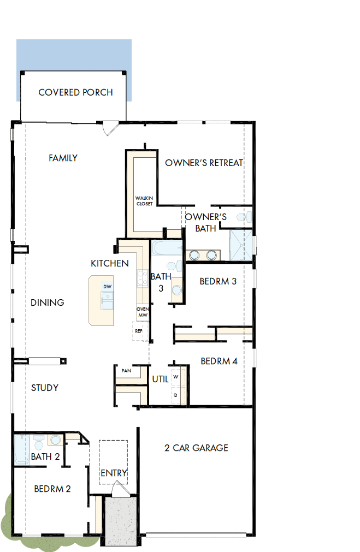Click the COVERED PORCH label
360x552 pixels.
[x=75, y=92]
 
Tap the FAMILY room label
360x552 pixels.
[x=63, y=158]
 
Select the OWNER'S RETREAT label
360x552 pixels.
[x=204, y=163]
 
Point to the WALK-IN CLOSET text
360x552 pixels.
[x=144, y=200]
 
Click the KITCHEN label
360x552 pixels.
[x=110, y=264]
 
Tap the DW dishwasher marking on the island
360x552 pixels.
[x=107, y=287]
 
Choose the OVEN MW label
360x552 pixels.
[x=143, y=312]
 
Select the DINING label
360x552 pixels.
[x=48, y=302]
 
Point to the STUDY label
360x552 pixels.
[x=45, y=388]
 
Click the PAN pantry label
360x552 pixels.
[x=126, y=371]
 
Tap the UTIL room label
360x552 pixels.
[x=161, y=379]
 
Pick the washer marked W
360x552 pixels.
[x=176, y=377]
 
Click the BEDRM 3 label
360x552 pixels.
[x=218, y=282]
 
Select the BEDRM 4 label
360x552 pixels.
[x=219, y=361]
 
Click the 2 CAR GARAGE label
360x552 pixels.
[x=196, y=448]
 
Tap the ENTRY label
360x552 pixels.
[x=114, y=473]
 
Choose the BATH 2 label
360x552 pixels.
[x=45, y=456]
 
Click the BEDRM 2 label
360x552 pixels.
[x=52, y=489]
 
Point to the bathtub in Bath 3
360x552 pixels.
[x=166, y=249]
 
